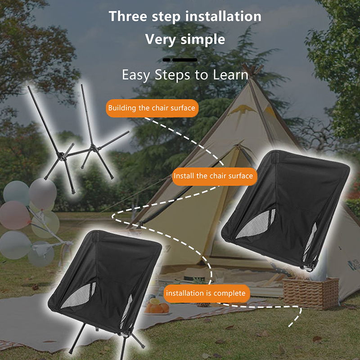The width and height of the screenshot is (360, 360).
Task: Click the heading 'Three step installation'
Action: pyautogui.click(x=185, y=17)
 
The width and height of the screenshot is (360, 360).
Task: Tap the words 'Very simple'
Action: pyautogui.click(x=185, y=39)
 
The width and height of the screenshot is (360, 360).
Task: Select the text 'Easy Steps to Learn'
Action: pyautogui.click(x=185, y=75)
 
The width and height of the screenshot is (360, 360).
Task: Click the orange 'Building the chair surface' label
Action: pyautogui.click(x=152, y=108)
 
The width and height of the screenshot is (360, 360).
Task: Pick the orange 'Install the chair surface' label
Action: pyautogui.click(x=215, y=176)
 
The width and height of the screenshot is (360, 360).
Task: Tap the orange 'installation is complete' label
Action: pyautogui.click(x=207, y=293)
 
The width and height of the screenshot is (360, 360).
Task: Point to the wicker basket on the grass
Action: pyautogui.click(x=310, y=293)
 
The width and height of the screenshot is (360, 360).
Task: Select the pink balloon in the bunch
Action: pyautogui.click(x=14, y=216)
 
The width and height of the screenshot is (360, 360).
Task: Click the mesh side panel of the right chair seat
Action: pyautogui.click(x=256, y=224)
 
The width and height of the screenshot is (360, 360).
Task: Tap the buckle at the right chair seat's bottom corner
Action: pyautogui.click(x=308, y=267)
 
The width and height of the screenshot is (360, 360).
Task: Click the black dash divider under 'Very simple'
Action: pyautogui.click(x=180, y=60)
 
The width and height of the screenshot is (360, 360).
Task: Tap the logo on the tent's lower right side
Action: pyautogui.click(x=353, y=265)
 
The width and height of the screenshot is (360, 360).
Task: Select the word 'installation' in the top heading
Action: pyautogui.click(x=223, y=17)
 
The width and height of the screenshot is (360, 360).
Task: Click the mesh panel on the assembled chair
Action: pyautogui.click(x=78, y=296)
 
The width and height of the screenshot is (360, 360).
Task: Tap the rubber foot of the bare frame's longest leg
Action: pyautogui.click(x=73, y=191)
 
